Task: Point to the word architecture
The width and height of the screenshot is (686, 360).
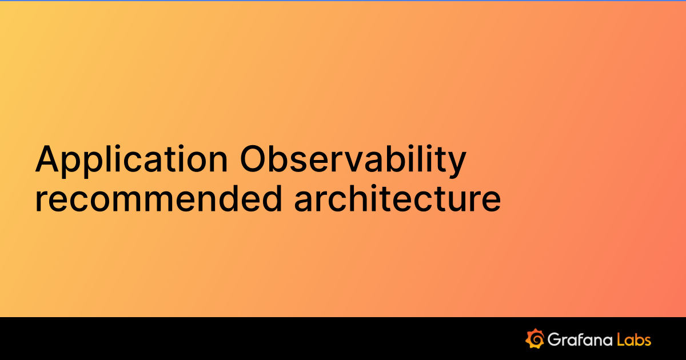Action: pos(397,198)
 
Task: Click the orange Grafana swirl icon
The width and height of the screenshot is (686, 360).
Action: pos(534,338)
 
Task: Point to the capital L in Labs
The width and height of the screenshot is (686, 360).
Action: pos(621,339)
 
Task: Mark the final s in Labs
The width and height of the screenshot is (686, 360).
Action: pos(647,341)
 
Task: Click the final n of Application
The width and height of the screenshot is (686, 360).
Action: pos(220,162)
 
